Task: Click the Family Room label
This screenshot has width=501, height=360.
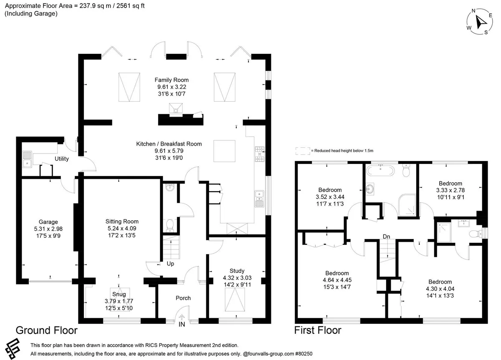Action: click(172, 80)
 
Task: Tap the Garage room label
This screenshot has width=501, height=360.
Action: click(48, 222)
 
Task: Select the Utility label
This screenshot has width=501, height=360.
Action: click(62, 159)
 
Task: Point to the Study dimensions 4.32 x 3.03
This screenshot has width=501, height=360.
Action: click(237, 278)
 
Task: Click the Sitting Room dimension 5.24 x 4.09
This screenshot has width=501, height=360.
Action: click(122, 228)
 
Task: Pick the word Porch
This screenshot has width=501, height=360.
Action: click(183, 298)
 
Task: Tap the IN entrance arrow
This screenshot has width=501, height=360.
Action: click(182, 317)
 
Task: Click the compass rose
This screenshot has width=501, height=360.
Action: click(480, 22)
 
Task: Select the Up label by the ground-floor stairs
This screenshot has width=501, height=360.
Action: click(170, 264)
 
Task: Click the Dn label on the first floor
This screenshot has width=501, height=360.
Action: click(386, 237)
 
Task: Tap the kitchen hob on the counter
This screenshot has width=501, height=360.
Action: click(260, 154)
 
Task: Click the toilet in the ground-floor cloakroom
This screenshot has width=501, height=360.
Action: click(170, 226)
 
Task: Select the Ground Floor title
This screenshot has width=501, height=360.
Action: click(46, 330)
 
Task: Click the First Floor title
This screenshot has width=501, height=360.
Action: click(318, 330)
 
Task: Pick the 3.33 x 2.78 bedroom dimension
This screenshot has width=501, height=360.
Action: click(450, 190)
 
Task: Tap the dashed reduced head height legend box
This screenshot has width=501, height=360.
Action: click(303, 151)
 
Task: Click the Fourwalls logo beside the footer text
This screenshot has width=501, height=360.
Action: click(13, 348)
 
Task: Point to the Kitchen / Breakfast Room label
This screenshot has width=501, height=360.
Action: click(169, 144)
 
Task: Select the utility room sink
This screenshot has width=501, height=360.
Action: click(27, 159)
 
